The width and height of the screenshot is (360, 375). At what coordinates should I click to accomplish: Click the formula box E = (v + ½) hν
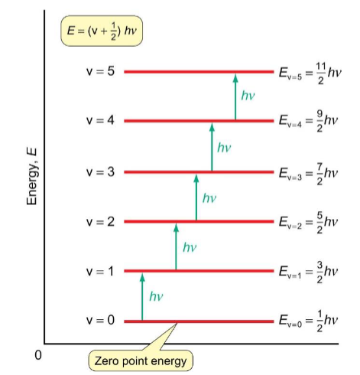click(x=102, y=31)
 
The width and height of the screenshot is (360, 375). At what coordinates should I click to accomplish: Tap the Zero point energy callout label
click(x=141, y=360)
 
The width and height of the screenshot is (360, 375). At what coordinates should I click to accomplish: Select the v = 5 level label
click(x=100, y=71)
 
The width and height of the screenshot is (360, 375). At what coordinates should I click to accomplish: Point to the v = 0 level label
click(x=100, y=320)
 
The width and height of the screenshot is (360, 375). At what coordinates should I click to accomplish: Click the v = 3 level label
click(x=100, y=172)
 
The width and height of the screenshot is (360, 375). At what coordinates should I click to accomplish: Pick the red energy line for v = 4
click(x=199, y=121)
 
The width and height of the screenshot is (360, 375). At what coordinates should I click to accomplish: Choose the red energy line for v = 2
click(x=199, y=221)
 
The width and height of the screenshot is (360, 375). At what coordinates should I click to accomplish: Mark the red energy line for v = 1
click(x=199, y=271)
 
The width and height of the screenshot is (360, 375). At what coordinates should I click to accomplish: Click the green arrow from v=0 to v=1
click(x=142, y=297)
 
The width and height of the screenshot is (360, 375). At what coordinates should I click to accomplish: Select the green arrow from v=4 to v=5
click(x=235, y=96)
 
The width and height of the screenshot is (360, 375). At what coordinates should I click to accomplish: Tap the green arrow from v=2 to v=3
click(x=196, y=197)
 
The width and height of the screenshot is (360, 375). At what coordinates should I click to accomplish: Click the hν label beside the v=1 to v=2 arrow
click(x=190, y=247)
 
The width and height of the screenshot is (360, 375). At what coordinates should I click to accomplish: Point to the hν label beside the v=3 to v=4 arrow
click(x=224, y=148)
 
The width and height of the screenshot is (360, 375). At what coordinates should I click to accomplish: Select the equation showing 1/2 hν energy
click(x=308, y=321)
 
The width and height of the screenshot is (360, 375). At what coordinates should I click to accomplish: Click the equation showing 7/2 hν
click(x=308, y=174)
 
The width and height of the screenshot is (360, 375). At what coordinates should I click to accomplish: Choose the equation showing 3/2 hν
click(x=308, y=272)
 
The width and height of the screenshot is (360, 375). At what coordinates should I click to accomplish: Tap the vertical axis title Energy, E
click(x=32, y=177)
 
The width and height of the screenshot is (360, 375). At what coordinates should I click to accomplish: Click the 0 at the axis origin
click(x=38, y=355)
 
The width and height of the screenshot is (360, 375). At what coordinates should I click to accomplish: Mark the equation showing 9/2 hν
click(x=308, y=121)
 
